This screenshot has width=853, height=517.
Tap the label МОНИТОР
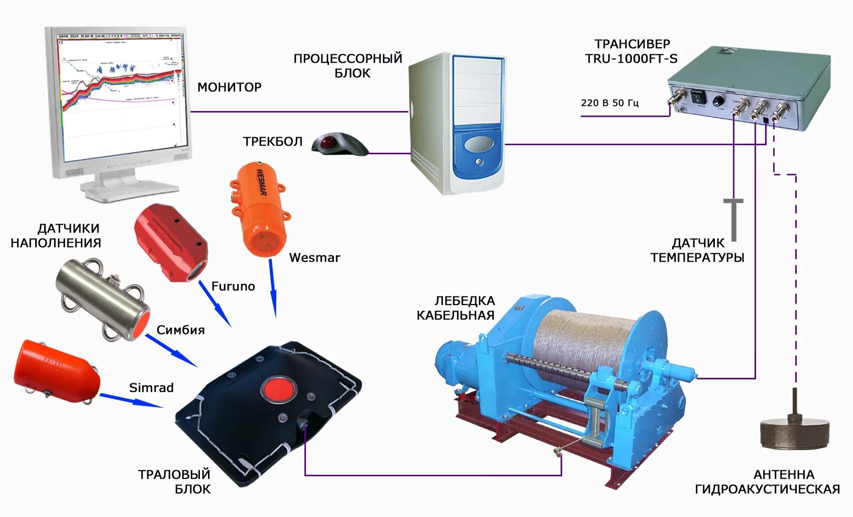(x=229, y=87)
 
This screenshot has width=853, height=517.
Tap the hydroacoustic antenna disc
(x=794, y=432)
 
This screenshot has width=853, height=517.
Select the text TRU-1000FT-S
(x=631, y=59)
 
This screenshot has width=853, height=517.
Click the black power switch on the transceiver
(x=698, y=97)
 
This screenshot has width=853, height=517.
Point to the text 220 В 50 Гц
(x=609, y=103)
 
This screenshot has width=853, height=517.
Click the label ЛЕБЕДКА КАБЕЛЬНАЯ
(x=456, y=308)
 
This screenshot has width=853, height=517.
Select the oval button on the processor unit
(x=479, y=145)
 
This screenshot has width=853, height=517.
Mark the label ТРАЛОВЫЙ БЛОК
(x=174, y=481)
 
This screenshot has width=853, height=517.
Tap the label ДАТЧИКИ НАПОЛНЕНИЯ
(x=56, y=236)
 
